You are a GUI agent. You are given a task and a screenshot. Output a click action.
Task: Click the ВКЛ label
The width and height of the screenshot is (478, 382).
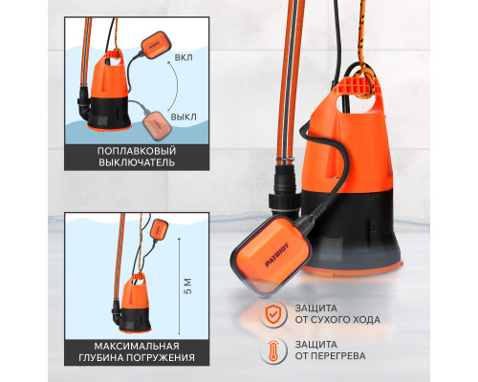coord(184,58)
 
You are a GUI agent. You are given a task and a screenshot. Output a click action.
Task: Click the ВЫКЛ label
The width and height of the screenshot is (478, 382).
coord(184,117)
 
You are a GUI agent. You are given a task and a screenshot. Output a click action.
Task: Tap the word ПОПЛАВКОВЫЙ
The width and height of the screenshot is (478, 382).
coord(137,151)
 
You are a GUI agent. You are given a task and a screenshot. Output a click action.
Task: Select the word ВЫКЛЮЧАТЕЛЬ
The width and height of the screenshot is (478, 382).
coord(137,162)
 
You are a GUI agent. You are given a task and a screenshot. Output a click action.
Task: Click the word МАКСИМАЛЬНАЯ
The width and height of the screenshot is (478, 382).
coord(137,346)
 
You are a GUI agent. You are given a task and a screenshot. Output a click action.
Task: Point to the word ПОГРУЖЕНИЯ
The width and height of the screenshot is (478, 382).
coord(161,357)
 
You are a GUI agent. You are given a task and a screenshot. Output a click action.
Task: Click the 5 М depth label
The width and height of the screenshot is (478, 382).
coord(188,286)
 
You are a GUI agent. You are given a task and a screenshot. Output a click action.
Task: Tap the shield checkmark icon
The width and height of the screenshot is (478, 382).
coord(272,315)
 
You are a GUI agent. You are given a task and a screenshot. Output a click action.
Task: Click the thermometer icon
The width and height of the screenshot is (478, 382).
coord(272,350)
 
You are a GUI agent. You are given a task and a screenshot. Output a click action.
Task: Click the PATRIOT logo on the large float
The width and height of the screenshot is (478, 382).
coord(276,255)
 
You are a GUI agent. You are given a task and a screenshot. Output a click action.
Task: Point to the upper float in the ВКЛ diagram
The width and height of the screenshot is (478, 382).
coord(155,45)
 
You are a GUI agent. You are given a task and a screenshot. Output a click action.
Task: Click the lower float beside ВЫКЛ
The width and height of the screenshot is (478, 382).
coord(158,125)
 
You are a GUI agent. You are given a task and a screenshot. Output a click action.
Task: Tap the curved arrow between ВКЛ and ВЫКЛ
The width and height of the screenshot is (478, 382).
coord(177,86)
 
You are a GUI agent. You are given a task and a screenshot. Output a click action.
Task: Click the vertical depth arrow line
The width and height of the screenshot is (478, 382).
coord(180,286)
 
